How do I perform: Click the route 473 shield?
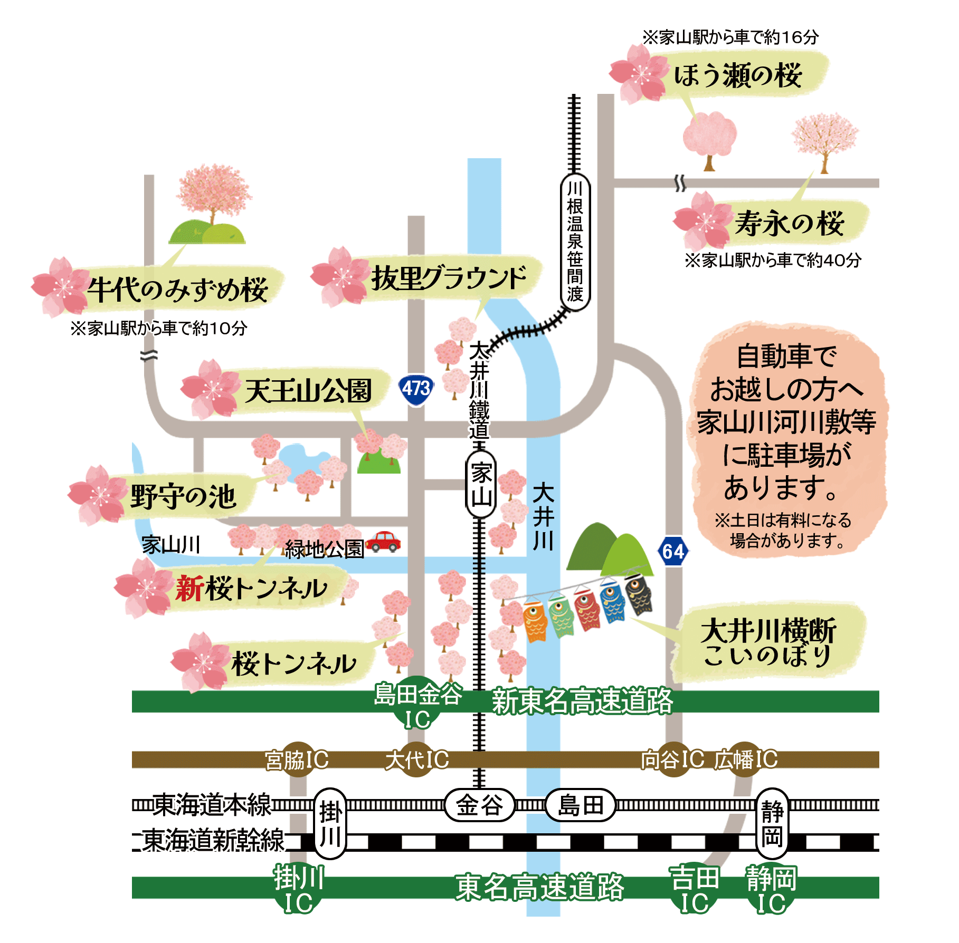(416, 389)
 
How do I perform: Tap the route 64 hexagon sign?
(673, 551)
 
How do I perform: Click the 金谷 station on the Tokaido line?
(479, 805)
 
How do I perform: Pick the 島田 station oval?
(580, 805)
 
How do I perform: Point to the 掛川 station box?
(330, 823)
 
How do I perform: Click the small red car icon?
(384, 541)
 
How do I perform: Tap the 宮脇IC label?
(297, 760)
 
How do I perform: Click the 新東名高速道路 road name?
(582, 701)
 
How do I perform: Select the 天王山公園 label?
(308, 391)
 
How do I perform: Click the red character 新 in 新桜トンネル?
(190, 588)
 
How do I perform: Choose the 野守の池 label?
(183, 496)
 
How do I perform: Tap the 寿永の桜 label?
(790, 223)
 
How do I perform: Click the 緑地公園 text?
(324, 549)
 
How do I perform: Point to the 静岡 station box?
(772, 823)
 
